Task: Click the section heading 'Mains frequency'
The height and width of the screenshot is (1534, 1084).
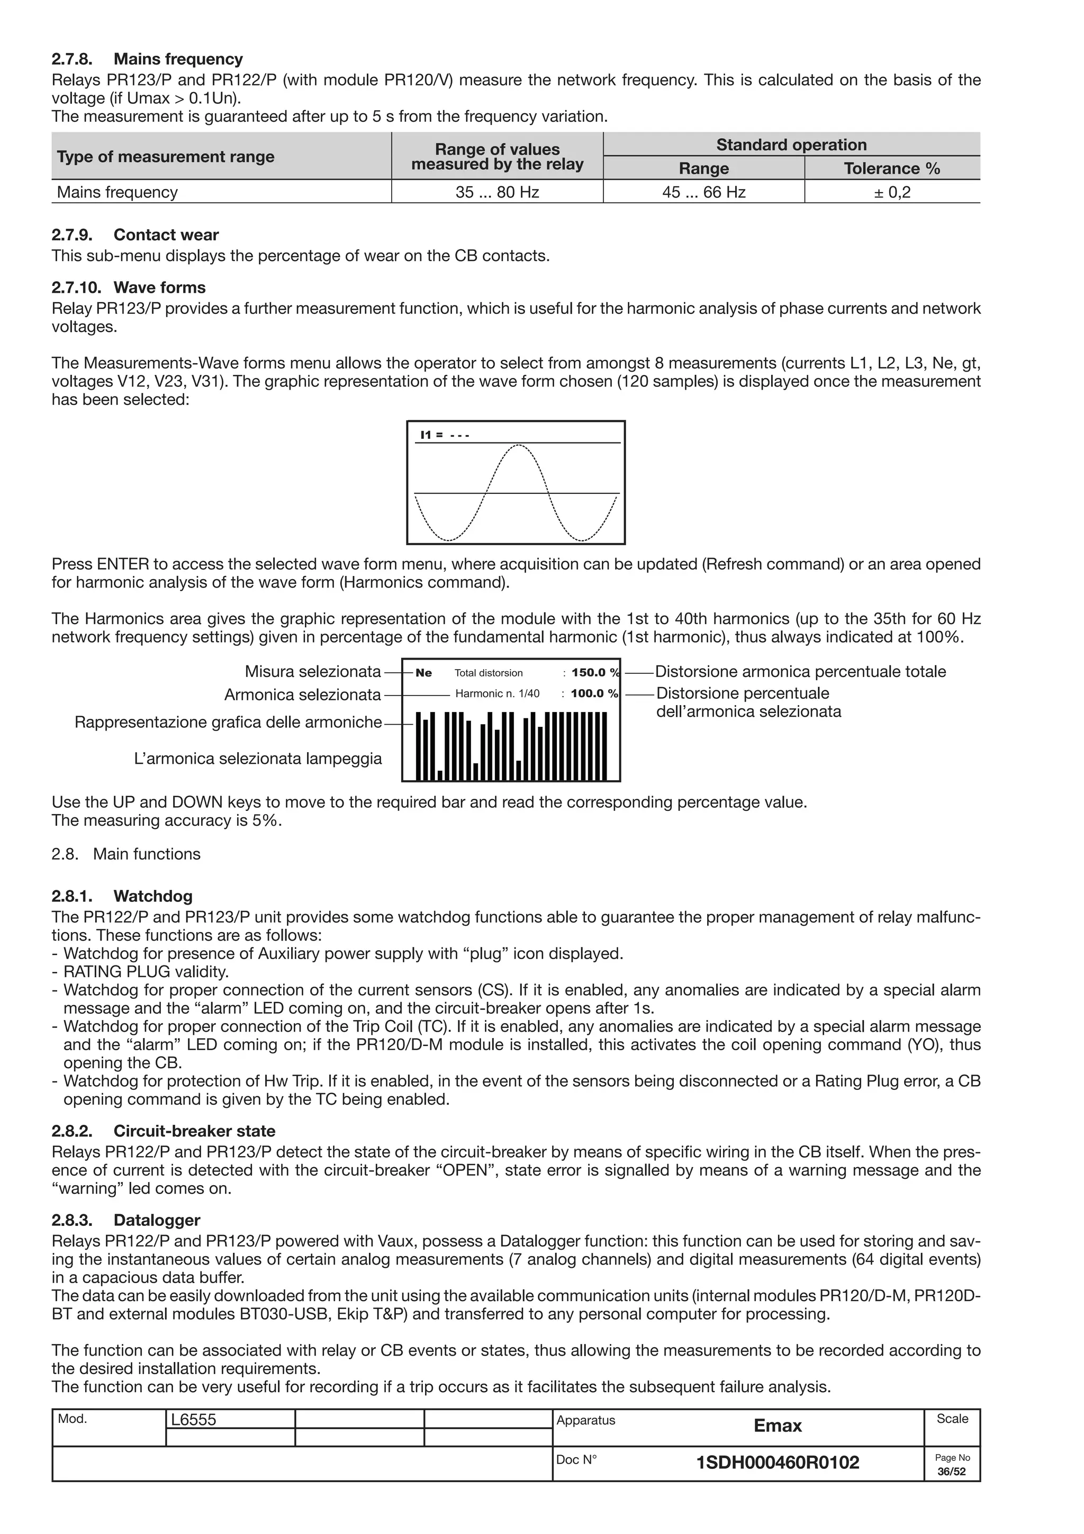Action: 178,59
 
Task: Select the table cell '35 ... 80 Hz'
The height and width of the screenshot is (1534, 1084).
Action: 497,193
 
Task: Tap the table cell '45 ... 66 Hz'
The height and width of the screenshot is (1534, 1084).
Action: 703,193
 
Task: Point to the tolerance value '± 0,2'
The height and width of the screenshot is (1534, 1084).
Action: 892,193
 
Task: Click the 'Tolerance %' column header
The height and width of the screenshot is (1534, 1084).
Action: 892,168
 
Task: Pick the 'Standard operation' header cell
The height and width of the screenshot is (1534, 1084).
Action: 791,145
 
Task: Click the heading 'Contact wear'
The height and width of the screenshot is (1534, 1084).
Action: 166,235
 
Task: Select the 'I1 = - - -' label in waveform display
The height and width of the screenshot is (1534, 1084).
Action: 444,436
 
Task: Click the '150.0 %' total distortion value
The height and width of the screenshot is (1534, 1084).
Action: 594,673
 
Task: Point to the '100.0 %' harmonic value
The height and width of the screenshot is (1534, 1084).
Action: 594,693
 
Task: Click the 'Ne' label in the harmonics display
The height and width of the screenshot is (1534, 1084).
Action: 423,673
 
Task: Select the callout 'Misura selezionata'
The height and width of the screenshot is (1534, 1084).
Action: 313,672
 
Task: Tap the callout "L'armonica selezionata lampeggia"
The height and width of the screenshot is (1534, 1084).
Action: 258,759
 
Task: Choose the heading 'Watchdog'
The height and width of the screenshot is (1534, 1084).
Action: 152,896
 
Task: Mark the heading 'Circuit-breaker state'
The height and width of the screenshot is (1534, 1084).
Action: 194,1131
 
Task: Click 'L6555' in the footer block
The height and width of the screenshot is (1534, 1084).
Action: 194,1420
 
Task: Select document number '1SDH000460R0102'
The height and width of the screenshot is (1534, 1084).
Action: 778,1463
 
